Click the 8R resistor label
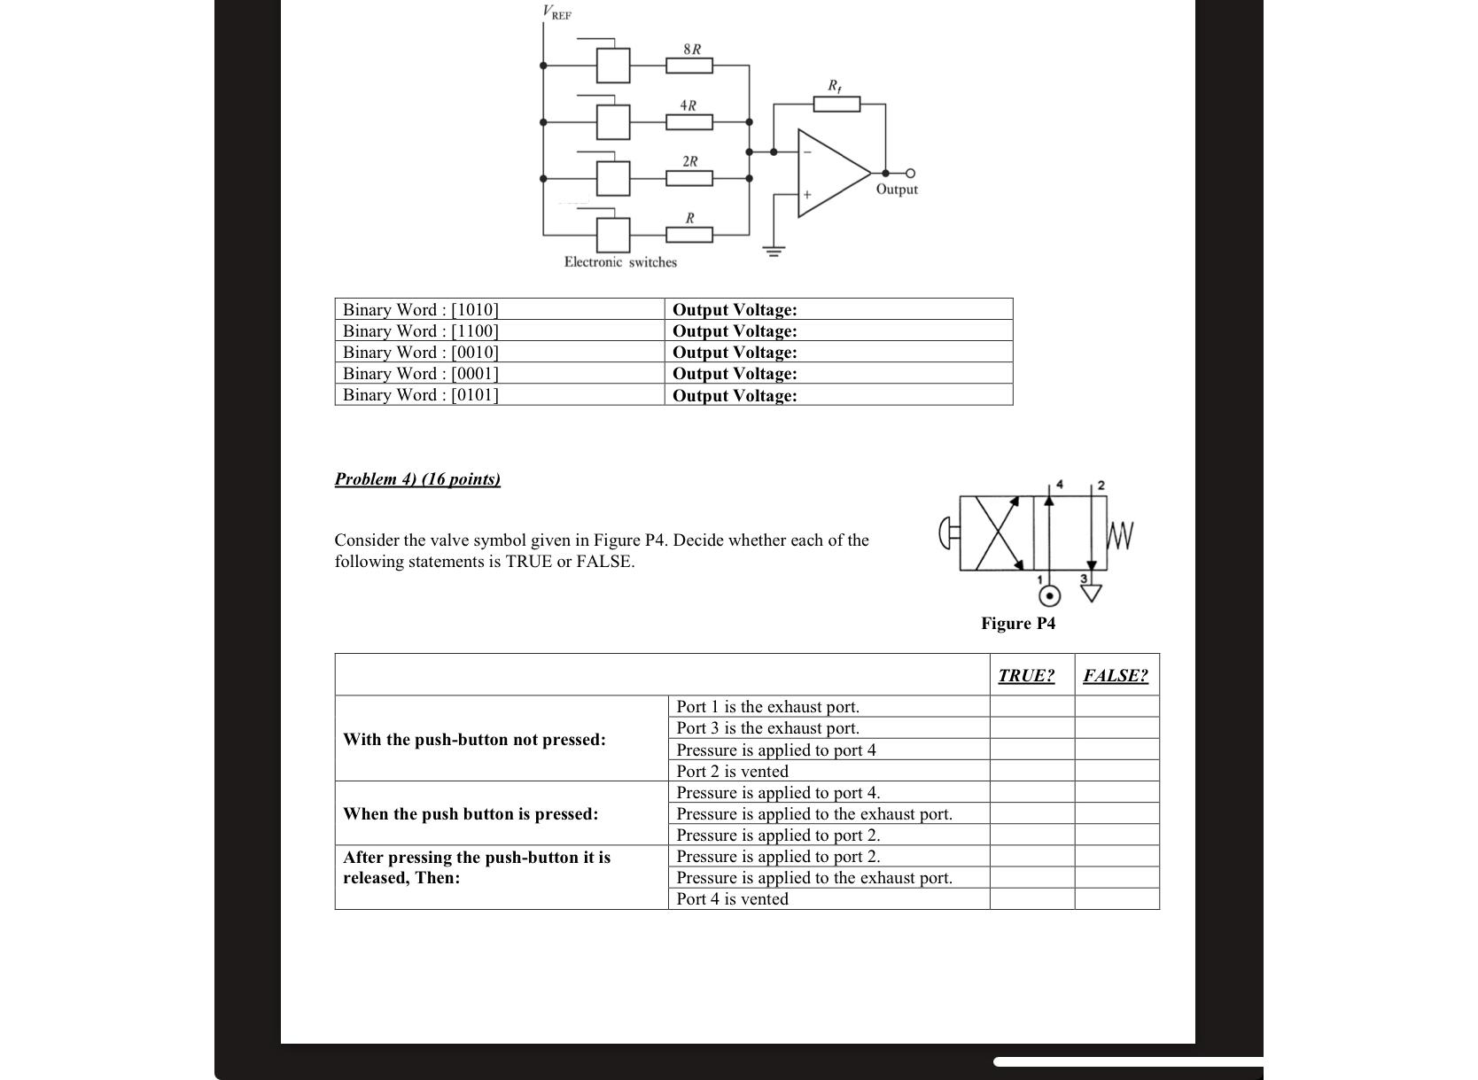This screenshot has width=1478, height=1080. point(692,49)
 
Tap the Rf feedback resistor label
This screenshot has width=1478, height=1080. point(835,86)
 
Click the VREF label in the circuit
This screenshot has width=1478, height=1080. point(557,13)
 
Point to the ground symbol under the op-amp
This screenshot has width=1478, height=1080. point(774,251)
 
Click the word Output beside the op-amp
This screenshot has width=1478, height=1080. point(897,190)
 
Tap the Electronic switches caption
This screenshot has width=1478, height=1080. point(620,262)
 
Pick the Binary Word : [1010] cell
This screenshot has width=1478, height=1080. point(421,309)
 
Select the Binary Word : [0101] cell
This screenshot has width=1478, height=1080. point(421,395)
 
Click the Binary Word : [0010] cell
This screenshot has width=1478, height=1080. point(421,352)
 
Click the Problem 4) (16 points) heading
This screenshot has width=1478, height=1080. point(417,479)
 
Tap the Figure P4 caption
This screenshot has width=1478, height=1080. point(1018,624)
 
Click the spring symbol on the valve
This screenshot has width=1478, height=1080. point(1121,535)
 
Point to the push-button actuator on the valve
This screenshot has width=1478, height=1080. point(948,533)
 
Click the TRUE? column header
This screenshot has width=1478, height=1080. point(1026,676)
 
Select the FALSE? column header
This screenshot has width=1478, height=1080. point(1116,676)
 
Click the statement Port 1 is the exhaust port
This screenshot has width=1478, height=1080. point(767,707)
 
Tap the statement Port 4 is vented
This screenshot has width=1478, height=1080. point(732,899)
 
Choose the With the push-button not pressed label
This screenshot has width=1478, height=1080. point(474,740)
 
